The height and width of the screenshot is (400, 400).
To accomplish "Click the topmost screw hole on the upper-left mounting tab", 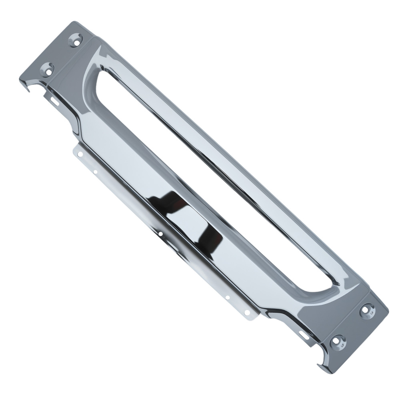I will point(75,40).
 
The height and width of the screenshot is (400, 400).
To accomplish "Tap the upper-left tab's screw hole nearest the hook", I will point(48,70).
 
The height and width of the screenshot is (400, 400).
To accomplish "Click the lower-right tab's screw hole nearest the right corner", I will point(367,310).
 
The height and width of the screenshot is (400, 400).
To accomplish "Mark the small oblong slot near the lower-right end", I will point(304,335).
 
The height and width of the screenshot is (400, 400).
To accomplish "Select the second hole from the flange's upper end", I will point(95,172).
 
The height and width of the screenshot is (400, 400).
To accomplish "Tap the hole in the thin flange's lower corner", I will point(247,312).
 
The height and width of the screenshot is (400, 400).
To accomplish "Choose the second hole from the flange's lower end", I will point(227,298).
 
